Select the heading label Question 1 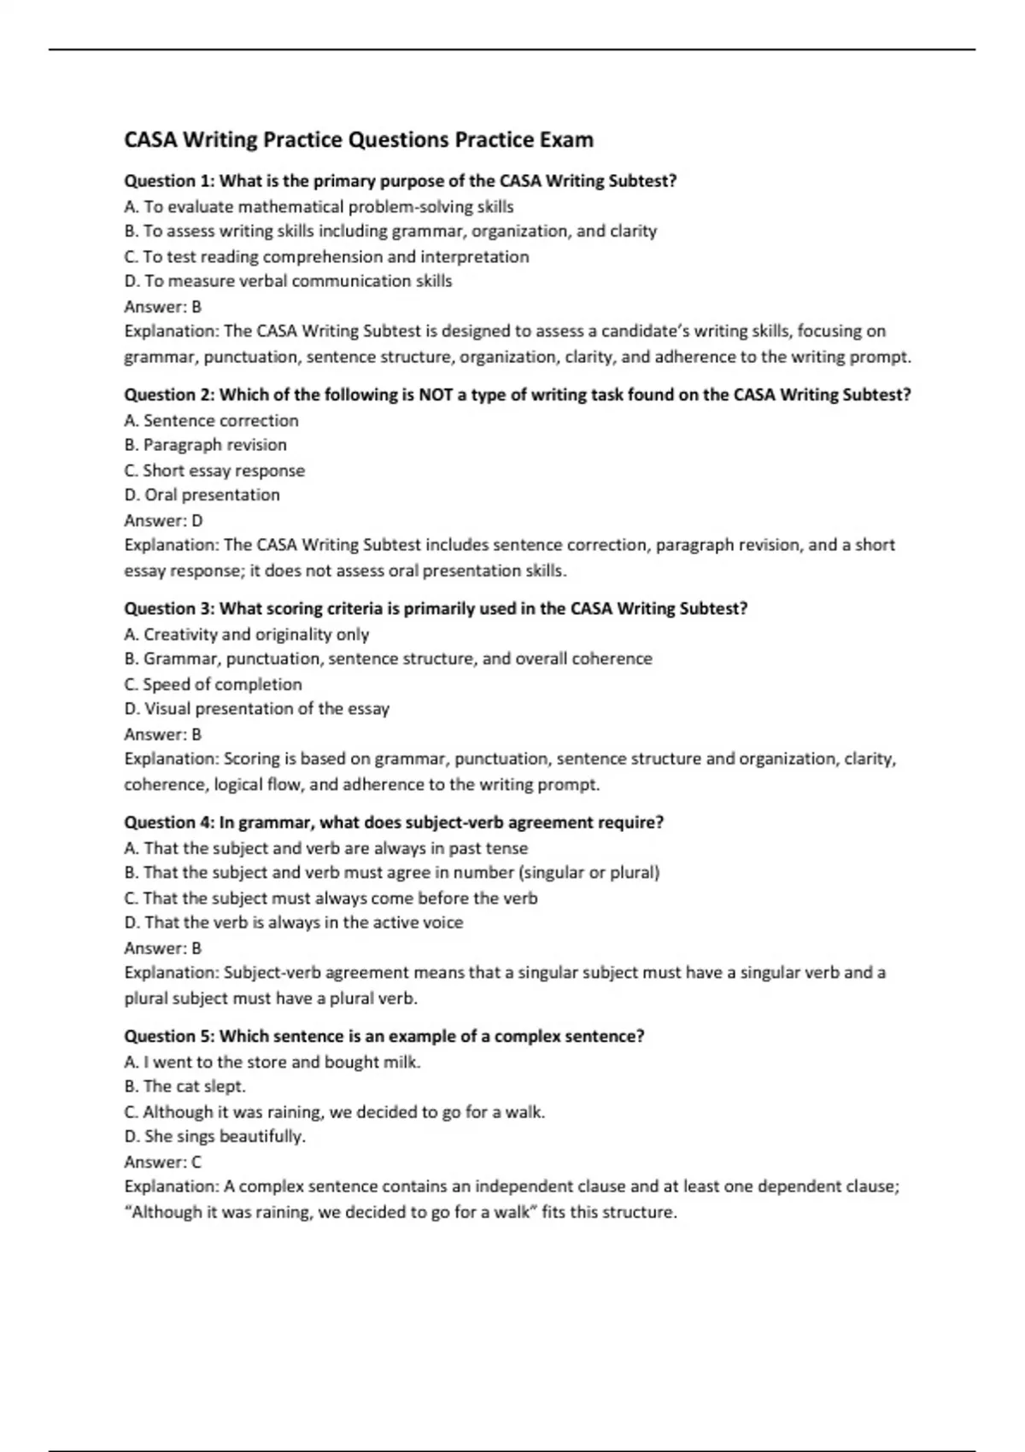[x=169, y=181]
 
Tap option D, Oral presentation [x=202, y=495]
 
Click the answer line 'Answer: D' [x=163, y=521]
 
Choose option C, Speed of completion [x=213, y=685]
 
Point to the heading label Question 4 [x=169, y=823]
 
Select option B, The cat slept [x=184, y=1086]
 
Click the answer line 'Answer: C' [x=163, y=1162]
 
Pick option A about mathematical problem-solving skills [x=319, y=207]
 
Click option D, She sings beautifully [x=214, y=1137]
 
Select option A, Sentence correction [x=211, y=421]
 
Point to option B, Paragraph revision [x=205, y=445]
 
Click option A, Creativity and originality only [x=246, y=635]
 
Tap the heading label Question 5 [x=169, y=1036]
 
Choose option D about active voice [x=293, y=923]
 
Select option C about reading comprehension [x=326, y=257]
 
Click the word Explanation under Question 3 [x=171, y=759]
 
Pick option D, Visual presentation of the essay [x=256, y=709]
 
